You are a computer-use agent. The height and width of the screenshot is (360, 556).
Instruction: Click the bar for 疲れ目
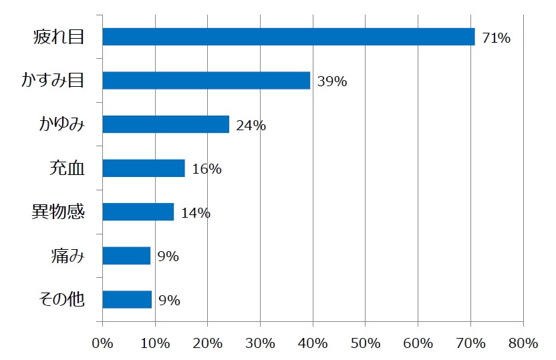[x=289, y=37]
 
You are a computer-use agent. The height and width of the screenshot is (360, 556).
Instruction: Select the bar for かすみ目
[x=206, y=81]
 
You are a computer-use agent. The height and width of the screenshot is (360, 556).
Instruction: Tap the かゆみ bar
[x=166, y=124]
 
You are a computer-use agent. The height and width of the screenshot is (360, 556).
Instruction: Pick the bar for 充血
[x=144, y=168]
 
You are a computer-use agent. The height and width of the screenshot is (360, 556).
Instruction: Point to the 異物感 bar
[x=138, y=212]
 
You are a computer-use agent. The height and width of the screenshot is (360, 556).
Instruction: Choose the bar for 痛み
[x=126, y=256]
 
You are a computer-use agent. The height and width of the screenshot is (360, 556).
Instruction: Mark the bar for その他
[x=127, y=299]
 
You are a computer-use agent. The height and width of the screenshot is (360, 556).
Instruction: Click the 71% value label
[x=497, y=39]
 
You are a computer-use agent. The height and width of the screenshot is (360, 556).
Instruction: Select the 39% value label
[x=332, y=82]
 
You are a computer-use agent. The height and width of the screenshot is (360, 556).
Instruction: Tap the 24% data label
[x=251, y=126]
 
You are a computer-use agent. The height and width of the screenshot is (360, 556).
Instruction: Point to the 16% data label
[x=206, y=170]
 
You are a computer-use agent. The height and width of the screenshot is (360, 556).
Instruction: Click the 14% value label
[x=196, y=214]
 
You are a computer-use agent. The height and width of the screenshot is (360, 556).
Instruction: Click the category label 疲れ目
[x=59, y=37]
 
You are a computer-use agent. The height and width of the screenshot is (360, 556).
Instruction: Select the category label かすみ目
[x=53, y=81]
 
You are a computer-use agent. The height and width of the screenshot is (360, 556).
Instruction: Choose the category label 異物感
[x=59, y=212]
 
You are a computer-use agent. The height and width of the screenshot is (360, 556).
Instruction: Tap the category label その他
[x=59, y=299]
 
